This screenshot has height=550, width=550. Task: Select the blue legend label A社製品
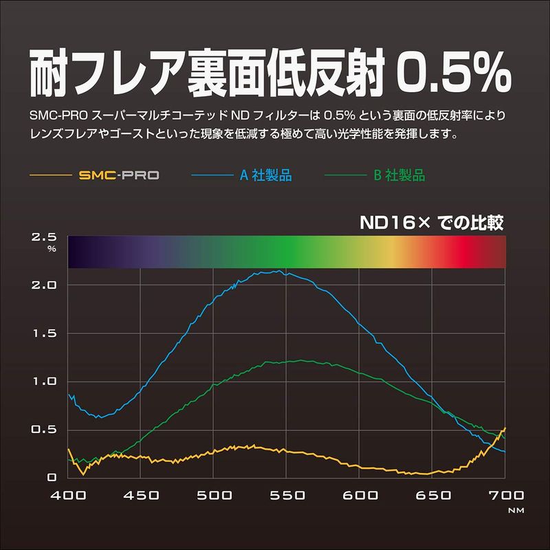click(x=265, y=175)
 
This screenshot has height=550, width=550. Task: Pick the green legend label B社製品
click(x=399, y=175)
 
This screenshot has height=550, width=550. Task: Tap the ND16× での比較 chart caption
click(x=432, y=223)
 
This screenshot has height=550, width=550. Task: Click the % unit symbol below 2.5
click(x=52, y=249)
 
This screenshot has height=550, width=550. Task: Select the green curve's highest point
click(x=300, y=360)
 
